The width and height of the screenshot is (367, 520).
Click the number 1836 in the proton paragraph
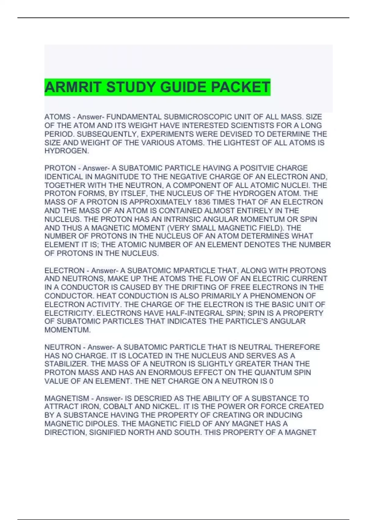click(x=202, y=202)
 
